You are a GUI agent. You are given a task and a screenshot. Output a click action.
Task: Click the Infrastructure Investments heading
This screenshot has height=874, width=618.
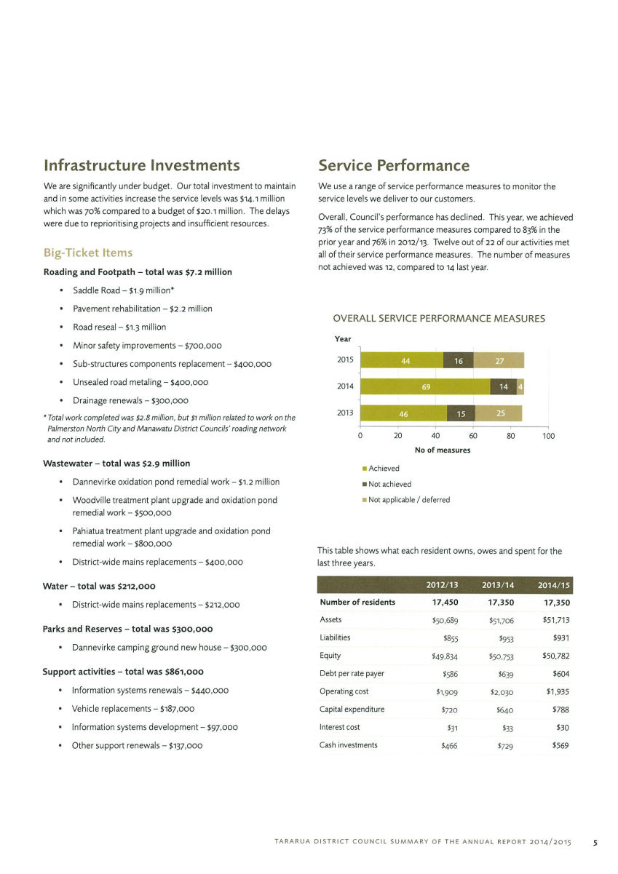point(142,165)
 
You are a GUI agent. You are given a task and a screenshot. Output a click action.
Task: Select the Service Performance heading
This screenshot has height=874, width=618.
point(394,165)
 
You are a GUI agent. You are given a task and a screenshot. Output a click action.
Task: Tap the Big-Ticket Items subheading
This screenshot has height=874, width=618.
point(88,253)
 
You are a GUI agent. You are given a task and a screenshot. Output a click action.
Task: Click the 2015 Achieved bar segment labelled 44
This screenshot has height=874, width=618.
point(402,360)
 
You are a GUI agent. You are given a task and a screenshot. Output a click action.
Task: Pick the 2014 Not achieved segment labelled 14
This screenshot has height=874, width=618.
point(503,386)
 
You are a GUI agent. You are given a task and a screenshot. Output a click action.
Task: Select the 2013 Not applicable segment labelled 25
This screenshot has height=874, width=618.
point(499,413)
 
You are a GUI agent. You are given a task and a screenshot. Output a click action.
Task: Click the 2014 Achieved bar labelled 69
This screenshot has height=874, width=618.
point(425,386)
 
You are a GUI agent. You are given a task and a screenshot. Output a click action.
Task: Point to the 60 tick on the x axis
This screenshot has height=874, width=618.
point(472,435)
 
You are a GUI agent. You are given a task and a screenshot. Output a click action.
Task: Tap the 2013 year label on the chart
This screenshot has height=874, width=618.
point(345,413)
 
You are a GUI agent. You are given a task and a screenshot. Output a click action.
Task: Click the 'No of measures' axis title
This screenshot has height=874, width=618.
point(443,450)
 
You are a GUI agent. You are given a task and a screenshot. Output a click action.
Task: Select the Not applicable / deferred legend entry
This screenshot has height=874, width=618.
point(406,500)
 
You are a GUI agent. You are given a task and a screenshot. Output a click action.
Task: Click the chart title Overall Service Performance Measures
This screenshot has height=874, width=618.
point(439,319)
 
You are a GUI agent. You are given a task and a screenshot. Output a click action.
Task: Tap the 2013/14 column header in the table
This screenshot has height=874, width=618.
point(498,585)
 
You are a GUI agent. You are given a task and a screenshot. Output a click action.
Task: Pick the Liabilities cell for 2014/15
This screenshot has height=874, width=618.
point(561,638)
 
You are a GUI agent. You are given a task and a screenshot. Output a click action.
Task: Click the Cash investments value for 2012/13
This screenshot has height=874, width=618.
point(449,746)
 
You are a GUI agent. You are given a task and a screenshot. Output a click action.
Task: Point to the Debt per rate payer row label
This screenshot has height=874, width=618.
point(352,673)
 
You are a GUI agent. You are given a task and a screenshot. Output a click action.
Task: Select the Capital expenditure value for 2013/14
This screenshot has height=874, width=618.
point(504,710)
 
